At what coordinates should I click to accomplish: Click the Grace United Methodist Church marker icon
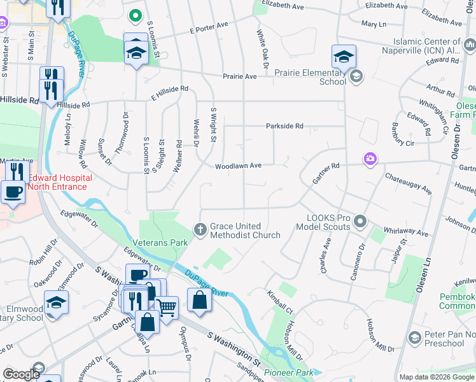pyautogui.click(x=200, y=229)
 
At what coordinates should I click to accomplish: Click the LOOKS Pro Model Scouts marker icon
pyautogui.click(x=361, y=222)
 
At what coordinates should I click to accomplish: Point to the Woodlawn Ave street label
pyautogui.click(x=239, y=166)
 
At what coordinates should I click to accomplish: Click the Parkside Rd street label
pyautogui.click(x=284, y=126)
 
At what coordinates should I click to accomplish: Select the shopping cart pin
pyautogui.click(x=167, y=308)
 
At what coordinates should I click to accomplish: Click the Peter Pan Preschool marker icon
pyautogui.click(x=415, y=336)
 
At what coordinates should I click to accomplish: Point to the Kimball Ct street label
pyautogui.click(x=280, y=301)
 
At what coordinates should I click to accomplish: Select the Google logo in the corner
pyautogui.click(x=21, y=374)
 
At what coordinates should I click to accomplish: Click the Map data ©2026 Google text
pyautogui.click(x=436, y=377)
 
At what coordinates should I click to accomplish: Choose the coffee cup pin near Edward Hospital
pyautogui.click(x=13, y=191)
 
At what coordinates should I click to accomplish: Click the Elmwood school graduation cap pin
pyautogui.click(x=56, y=302)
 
